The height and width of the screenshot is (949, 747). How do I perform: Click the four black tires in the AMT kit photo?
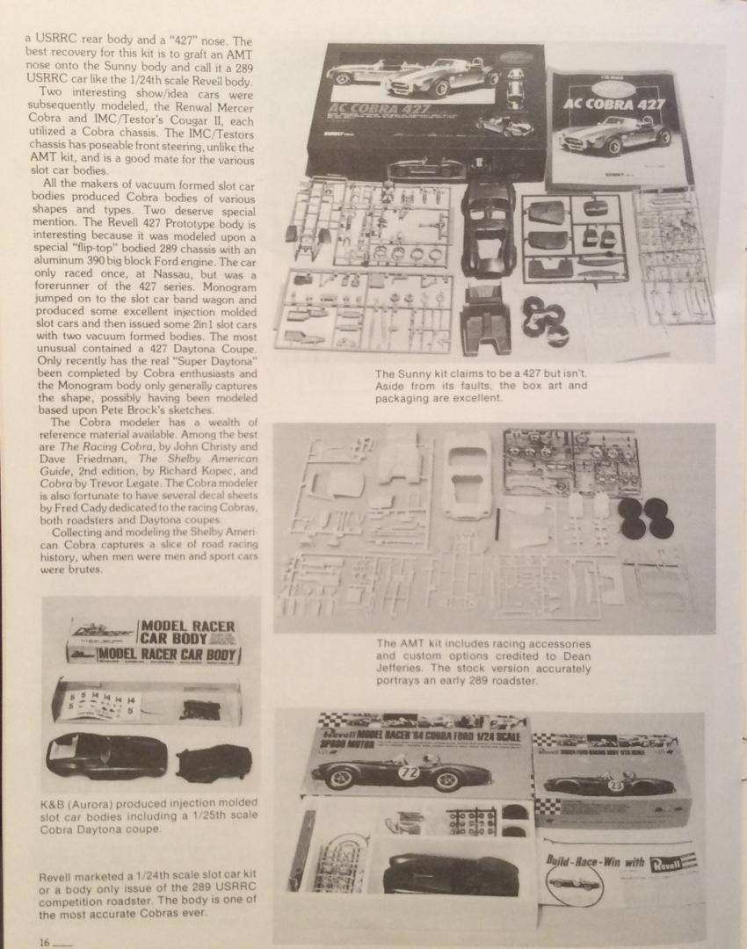click(646, 518)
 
